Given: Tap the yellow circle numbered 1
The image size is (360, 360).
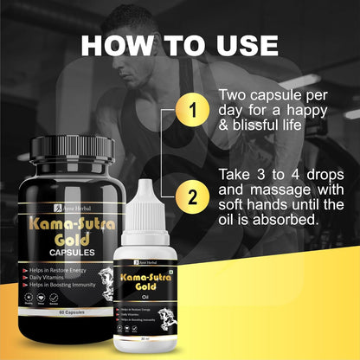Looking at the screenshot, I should pos(193,110).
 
